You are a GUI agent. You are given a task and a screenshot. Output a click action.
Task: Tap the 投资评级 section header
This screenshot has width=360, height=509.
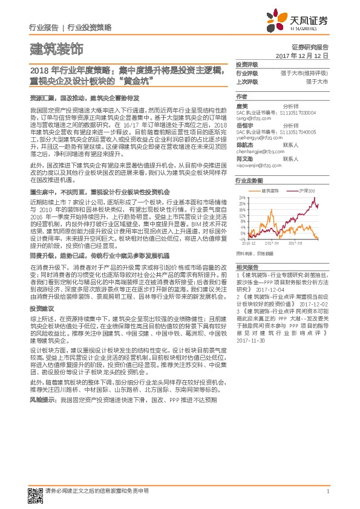(246, 65)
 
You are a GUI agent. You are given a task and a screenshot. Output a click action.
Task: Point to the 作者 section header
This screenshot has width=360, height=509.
(241, 96)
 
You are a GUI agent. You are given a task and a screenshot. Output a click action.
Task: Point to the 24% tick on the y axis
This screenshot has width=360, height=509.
(241, 198)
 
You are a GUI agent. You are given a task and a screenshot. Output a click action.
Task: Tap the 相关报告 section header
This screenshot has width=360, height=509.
(246, 267)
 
